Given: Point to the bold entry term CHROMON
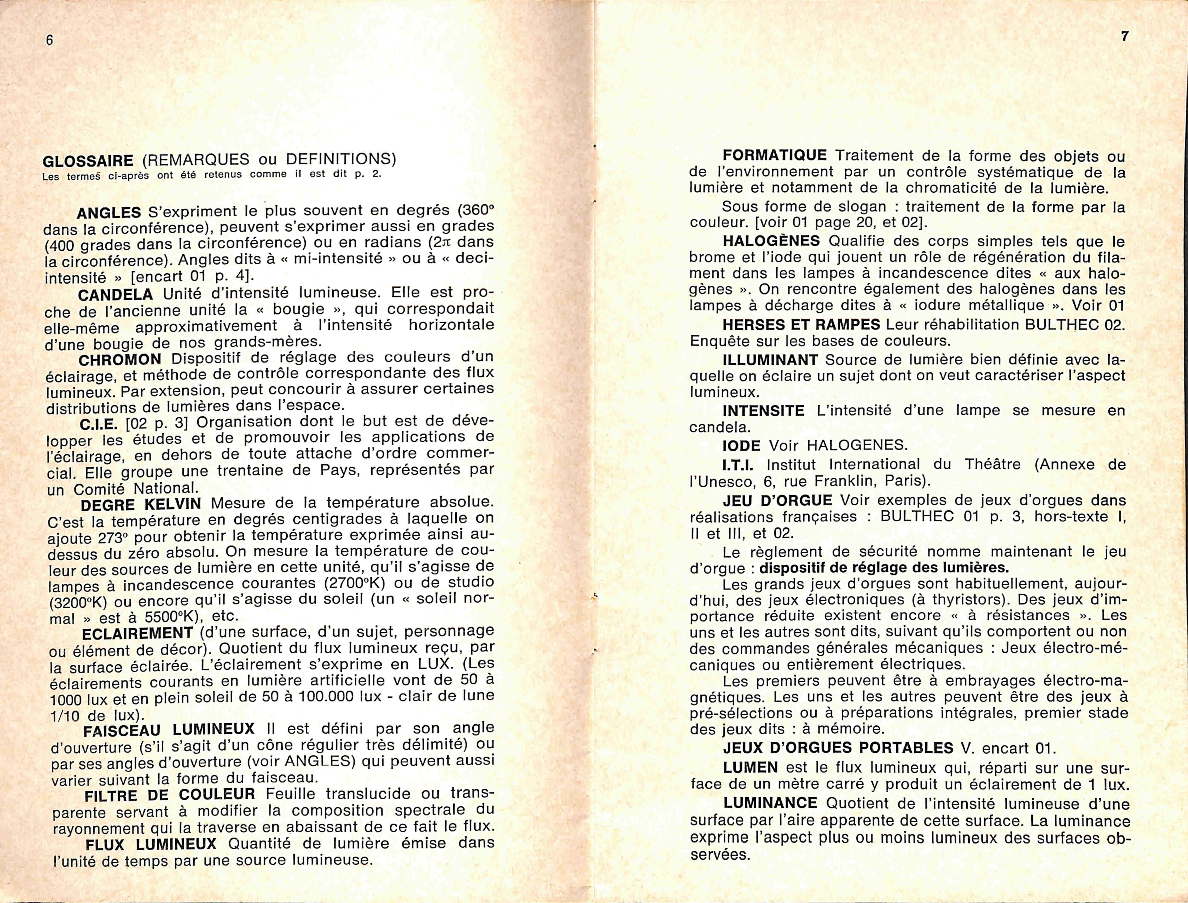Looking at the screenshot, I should point(120,359).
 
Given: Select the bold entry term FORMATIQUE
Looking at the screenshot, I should point(774,156).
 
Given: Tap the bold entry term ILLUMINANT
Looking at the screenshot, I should point(770,360).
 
